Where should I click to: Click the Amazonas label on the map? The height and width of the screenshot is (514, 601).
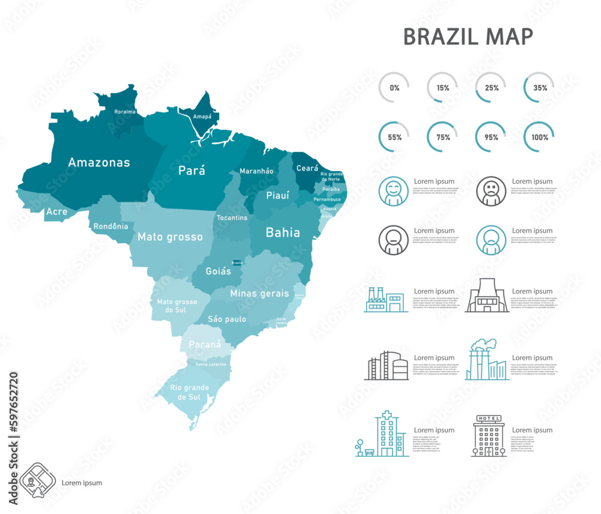[x=99, y=163]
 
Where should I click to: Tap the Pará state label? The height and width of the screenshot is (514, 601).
[x=192, y=171]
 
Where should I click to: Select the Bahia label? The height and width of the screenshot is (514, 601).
[x=282, y=232]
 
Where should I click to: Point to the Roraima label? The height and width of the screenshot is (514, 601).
[x=125, y=112]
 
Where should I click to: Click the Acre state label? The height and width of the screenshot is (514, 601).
[x=56, y=212]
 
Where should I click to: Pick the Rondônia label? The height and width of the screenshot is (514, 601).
[x=111, y=226]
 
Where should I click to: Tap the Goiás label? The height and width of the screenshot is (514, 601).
[x=218, y=271]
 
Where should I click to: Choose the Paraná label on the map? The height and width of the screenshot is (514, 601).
[x=205, y=345]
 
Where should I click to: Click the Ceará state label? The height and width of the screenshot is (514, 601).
[x=307, y=169]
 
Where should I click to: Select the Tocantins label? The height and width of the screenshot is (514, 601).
[x=232, y=217]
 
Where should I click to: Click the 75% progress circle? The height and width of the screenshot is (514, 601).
[x=443, y=137]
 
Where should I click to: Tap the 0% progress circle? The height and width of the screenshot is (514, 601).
[x=394, y=88]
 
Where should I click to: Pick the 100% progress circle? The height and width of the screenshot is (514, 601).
[x=539, y=137]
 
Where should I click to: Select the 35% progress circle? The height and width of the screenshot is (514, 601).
[x=539, y=88]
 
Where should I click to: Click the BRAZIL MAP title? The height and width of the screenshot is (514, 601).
[x=468, y=37]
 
